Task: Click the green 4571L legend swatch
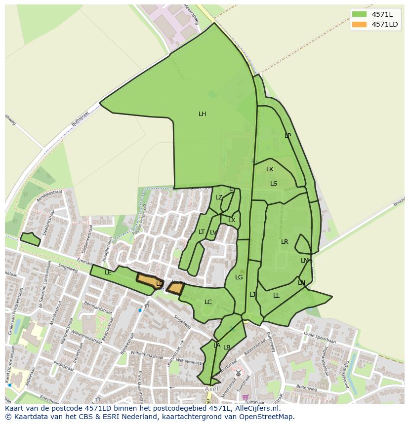[x=359, y=14]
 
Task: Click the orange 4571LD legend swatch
[x=359, y=24]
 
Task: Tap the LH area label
[x=202, y=114]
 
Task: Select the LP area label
[x=287, y=136]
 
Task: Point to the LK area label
[x=270, y=169]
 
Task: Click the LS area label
[x=274, y=184]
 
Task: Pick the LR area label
[x=285, y=242]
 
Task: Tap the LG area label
[x=239, y=277]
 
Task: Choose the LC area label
[x=208, y=302]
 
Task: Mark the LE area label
[x=108, y=272]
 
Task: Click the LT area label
[x=202, y=232]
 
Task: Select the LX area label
[x=232, y=220]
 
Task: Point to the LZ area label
[x=219, y=197]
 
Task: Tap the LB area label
[x=227, y=348]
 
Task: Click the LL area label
[x=276, y=296]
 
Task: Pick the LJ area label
[x=252, y=295]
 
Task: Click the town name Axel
[x=211, y=389]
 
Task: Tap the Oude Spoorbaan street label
[x=320, y=341]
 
